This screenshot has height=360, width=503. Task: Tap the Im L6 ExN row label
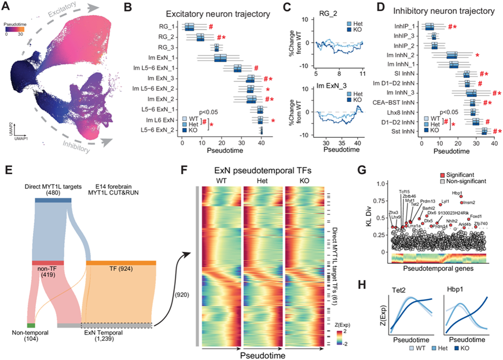click(x=163, y=119)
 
